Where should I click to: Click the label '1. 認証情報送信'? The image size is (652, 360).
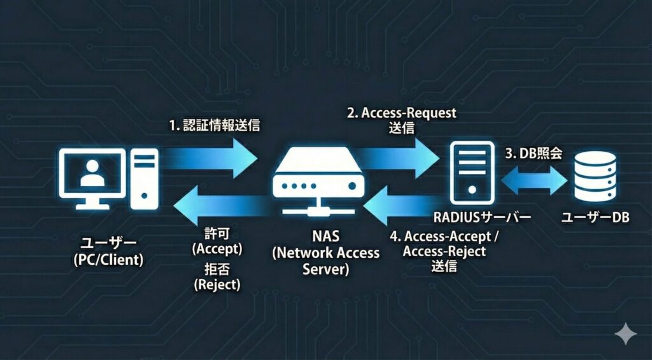pyautogui.click(x=215, y=126)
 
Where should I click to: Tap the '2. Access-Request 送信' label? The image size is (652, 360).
pyautogui.click(x=401, y=120)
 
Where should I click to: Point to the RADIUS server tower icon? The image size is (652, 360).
pyautogui.click(x=472, y=168)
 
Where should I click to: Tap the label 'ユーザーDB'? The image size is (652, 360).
pyautogui.click(x=595, y=218)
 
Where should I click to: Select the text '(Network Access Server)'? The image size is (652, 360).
pyautogui.click(x=326, y=261)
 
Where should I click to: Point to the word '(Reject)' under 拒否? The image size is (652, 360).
pyautogui.click(x=217, y=285)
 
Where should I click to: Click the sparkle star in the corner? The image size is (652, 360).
pyautogui.click(x=625, y=333)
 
